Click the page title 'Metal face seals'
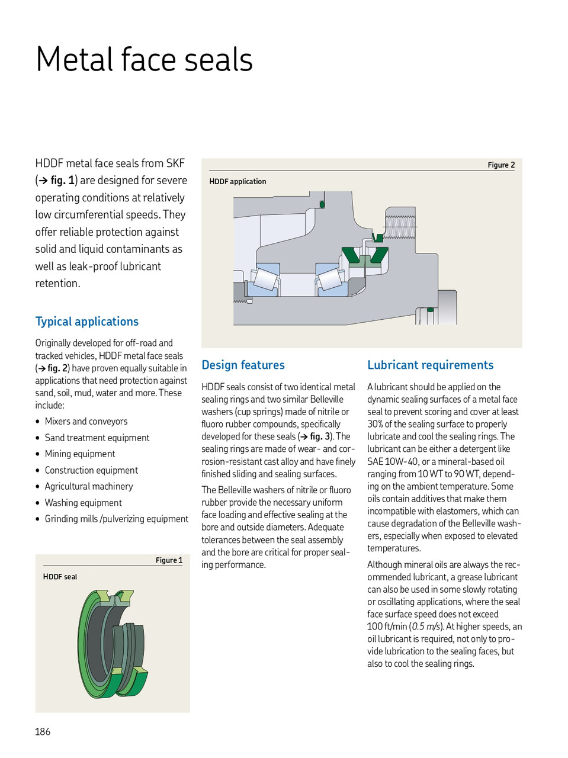pyautogui.click(x=144, y=60)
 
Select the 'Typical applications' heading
pyautogui.click(x=86, y=322)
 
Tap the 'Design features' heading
pyautogui.click(x=243, y=365)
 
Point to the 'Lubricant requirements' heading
pyautogui.click(x=430, y=365)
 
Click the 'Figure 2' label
pyautogui.click(x=501, y=165)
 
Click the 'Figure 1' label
pyautogui.click(x=169, y=560)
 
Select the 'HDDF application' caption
pyautogui.click(x=238, y=182)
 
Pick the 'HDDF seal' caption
pyautogui.click(x=60, y=577)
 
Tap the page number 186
pyautogui.click(x=43, y=731)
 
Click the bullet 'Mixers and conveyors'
pyautogui.click(x=86, y=422)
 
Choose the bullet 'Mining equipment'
pyautogui.click(x=80, y=454)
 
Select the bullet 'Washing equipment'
pyautogui.click(x=83, y=503)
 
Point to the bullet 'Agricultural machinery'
pyautogui.click(x=89, y=486)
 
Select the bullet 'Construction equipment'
pyautogui.click(x=91, y=470)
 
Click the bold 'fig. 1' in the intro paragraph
pyautogui.click(x=62, y=180)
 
